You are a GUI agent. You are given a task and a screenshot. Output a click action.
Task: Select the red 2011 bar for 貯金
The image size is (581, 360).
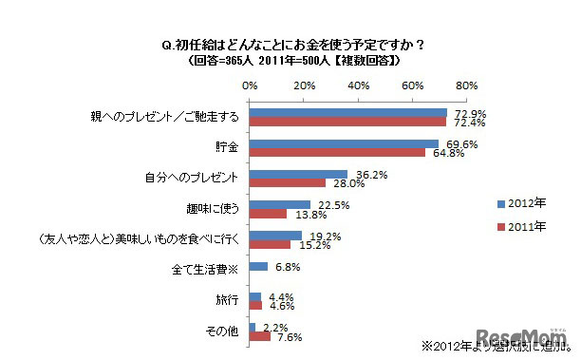[x=337, y=153]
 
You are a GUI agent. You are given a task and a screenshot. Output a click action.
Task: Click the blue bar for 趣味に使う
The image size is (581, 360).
[x=280, y=205]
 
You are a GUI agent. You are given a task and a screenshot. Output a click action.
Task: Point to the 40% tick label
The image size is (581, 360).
[x=359, y=85]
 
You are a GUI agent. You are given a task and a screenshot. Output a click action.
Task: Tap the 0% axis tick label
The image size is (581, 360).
[x=250, y=85]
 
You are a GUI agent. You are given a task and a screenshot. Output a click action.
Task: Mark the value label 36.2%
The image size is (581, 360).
[x=365, y=173]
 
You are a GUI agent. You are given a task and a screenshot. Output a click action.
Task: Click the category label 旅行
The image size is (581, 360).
[x=229, y=301]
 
